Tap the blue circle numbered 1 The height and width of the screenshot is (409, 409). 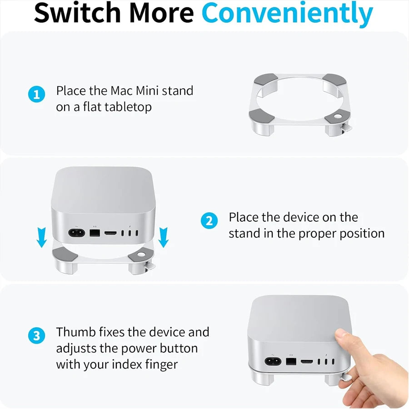(37, 95)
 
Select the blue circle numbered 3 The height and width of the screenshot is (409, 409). (37, 336)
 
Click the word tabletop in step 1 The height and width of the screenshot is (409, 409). (128, 107)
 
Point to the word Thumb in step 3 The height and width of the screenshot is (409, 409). (73, 332)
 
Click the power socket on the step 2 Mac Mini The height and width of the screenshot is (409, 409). (76, 234)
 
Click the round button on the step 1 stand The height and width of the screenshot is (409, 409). (339, 116)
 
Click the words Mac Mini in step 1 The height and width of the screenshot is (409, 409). (135, 90)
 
